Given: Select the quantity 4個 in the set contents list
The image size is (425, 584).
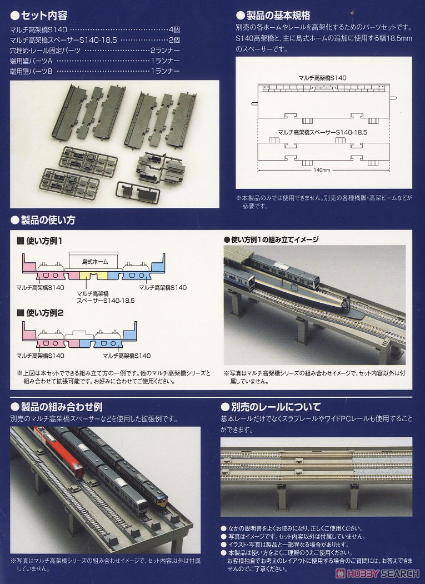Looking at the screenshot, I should click(x=173, y=29).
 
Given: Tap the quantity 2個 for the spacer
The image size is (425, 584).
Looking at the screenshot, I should click(x=173, y=40).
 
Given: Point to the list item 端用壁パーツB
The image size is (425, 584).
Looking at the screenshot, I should click(x=31, y=71).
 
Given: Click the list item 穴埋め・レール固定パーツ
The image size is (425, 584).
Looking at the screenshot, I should click(x=45, y=51).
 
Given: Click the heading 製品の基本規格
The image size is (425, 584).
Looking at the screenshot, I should click(x=277, y=15).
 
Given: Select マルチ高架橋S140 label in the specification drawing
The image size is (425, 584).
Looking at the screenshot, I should click(x=322, y=78).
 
